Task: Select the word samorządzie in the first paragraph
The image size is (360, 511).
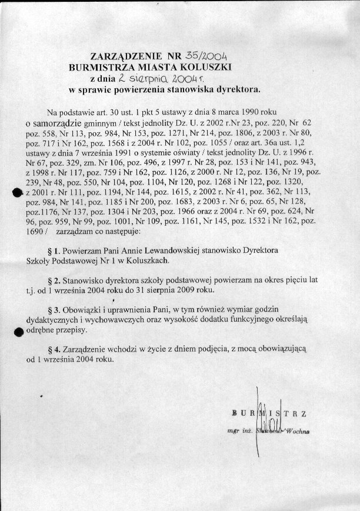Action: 56,123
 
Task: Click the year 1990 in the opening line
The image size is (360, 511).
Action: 241,112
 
